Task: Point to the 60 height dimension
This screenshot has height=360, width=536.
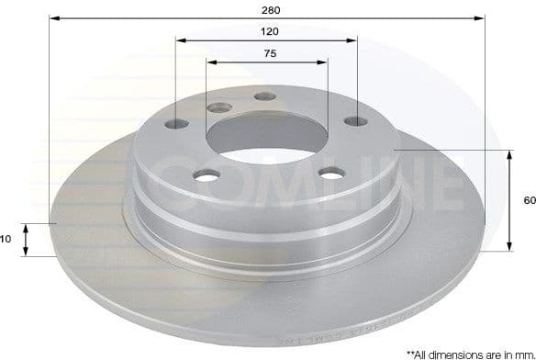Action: [529, 199]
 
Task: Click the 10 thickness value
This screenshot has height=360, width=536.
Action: [6, 239]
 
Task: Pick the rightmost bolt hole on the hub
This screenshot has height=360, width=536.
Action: [354, 119]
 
